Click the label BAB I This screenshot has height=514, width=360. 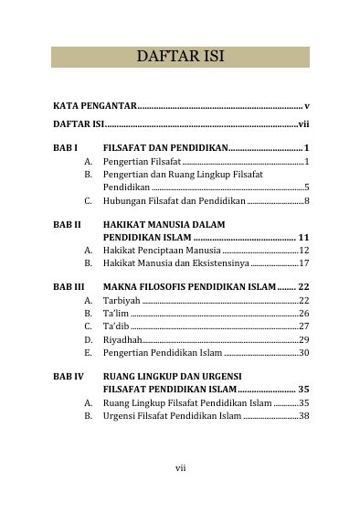tap(65, 147)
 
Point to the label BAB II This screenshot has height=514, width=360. tap(67, 223)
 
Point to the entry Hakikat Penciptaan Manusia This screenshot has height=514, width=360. tap(161, 249)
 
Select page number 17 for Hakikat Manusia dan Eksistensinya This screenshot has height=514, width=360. tap(304, 262)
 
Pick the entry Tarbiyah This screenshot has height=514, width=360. tap(122, 300)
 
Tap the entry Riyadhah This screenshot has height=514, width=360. tap(123, 339)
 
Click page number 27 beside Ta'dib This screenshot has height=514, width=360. tap(304, 326)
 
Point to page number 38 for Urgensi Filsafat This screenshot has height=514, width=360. tap(304, 415)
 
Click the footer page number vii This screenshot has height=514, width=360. tap(181, 468)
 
